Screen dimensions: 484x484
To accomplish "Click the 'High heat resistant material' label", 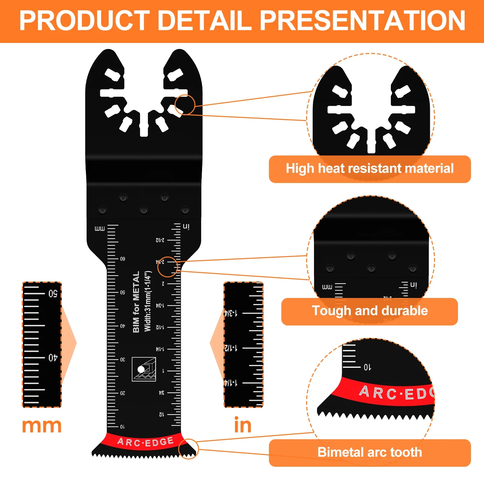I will point(370,169).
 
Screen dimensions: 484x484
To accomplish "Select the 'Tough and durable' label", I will point(370,311).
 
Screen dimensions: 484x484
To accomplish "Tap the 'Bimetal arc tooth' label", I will point(370,453).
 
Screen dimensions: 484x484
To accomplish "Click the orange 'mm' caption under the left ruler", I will point(42,426).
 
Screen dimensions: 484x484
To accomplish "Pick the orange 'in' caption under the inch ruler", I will point(243,425).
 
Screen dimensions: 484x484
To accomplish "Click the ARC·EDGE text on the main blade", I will point(146,442).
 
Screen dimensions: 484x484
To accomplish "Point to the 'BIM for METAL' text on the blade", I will point(136,302).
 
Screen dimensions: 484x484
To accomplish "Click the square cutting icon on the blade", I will point(144,369).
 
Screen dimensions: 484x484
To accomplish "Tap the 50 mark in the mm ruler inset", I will point(53,294).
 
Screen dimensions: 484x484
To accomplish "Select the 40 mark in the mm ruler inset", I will point(53,358).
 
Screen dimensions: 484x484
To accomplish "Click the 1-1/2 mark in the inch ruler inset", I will point(231,348).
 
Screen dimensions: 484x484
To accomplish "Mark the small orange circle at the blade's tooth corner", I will point(188,449).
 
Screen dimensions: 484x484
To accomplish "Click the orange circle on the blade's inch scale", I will point(168,267).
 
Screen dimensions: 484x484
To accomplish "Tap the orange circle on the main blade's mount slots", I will point(185,105).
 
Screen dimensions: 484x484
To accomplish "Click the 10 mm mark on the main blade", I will point(122,427).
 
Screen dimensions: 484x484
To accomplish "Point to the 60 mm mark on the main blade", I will point(123,259).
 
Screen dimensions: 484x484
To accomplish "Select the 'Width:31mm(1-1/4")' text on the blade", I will point(148,302).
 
